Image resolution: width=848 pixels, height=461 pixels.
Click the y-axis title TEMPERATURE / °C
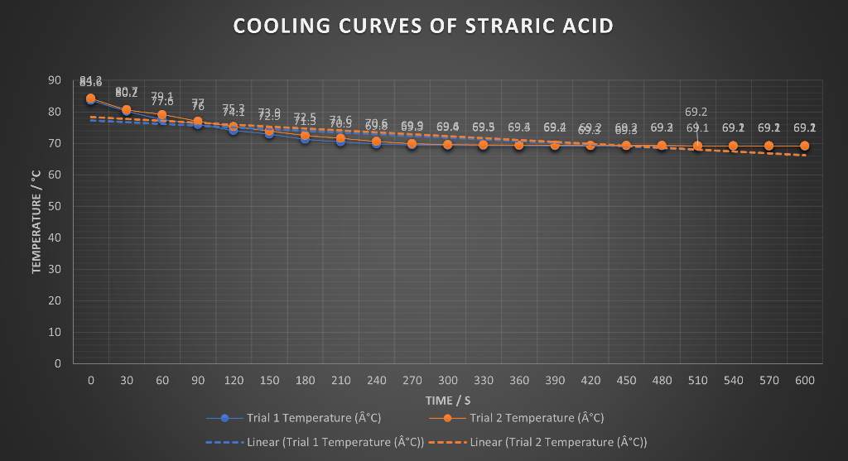(x=36, y=222)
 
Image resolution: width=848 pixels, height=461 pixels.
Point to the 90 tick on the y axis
(x=55, y=80)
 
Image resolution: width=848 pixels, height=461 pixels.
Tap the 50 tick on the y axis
(x=55, y=206)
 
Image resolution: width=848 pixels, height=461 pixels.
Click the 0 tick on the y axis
(x=58, y=363)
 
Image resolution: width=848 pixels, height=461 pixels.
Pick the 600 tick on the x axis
(x=804, y=381)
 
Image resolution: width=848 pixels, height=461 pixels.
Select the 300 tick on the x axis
(x=447, y=381)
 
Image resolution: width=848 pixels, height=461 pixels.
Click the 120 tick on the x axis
(x=234, y=381)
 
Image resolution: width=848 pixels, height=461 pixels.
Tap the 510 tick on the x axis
(x=697, y=381)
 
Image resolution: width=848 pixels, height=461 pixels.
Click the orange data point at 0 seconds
(x=91, y=98)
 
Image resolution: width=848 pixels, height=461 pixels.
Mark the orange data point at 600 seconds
(x=804, y=146)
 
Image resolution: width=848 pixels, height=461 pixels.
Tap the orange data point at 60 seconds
(x=162, y=115)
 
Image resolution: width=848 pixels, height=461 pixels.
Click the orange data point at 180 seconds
(x=305, y=136)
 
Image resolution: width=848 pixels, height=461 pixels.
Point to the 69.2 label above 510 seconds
(x=696, y=112)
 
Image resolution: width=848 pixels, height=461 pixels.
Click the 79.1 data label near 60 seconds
(x=162, y=96)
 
